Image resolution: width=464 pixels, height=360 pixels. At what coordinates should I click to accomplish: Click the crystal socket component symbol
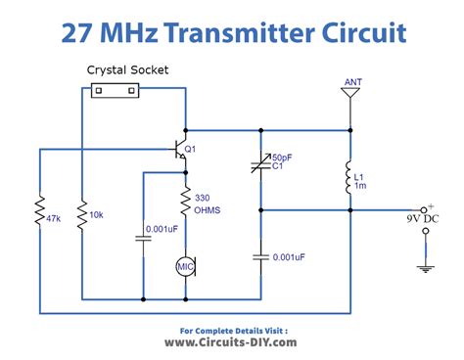tap(115, 90)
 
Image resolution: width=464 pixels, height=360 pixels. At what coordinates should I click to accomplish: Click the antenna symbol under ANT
tap(350, 96)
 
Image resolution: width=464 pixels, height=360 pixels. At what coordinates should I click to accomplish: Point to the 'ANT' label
tap(353, 82)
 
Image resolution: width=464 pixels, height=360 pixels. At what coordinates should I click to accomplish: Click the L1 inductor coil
tap(349, 179)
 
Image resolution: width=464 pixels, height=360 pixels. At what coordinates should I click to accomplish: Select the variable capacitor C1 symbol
tap(260, 165)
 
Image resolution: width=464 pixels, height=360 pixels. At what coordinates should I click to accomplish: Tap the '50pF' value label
tap(282, 157)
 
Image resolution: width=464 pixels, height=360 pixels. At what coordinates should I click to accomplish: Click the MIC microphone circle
tap(185, 265)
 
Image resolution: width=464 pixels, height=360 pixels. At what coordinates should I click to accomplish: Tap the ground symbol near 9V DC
tap(425, 261)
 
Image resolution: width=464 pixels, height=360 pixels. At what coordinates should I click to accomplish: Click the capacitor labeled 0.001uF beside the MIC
tap(144, 241)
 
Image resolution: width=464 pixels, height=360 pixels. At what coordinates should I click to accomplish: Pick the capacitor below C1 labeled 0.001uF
tap(260, 256)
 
